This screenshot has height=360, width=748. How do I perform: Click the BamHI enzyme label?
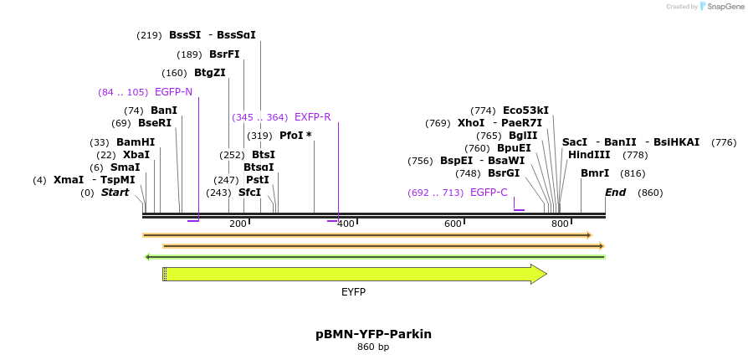pyautogui.click(x=136, y=142)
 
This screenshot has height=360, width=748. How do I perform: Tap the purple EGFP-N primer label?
pyautogui.click(x=173, y=92)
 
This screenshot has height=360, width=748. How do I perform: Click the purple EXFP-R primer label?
pyautogui.click(x=312, y=117)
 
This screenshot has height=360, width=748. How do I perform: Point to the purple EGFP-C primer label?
pyautogui.click(x=489, y=193)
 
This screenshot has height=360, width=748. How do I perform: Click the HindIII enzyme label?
pyautogui.click(x=589, y=155)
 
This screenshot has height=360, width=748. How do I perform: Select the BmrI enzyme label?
pyautogui.click(x=594, y=173)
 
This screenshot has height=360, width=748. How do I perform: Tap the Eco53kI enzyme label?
pyautogui.click(x=525, y=111)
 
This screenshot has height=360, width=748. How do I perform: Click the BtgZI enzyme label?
pyautogui.click(x=210, y=73)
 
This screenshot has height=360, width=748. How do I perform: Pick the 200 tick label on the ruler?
pyautogui.click(x=238, y=224)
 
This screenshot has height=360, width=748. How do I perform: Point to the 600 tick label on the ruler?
pyautogui.click(x=453, y=224)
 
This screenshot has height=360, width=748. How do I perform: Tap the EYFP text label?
pyautogui.click(x=353, y=292)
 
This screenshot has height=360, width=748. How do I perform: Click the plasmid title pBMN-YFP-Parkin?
pyautogui.click(x=373, y=334)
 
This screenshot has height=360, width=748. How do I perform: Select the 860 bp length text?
pyautogui.click(x=373, y=347)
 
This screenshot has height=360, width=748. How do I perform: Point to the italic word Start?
pyautogui.click(x=115, y=193)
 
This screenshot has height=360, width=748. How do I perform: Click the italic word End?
pyautogui.click(x=616, y=193)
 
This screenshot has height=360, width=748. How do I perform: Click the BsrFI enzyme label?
pyautogui.click(x=224, y=54)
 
